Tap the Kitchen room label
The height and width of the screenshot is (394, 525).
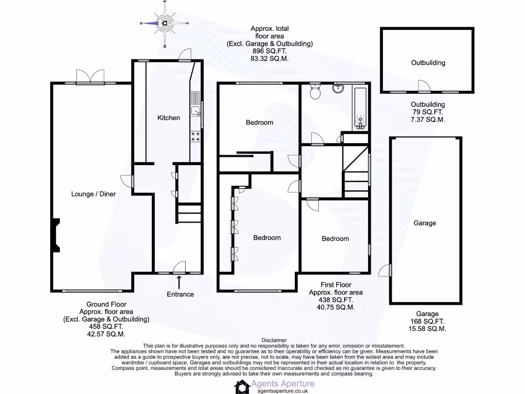coord(169,118)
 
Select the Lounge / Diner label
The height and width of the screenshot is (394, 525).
coord(93,194)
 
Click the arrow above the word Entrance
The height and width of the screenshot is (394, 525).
coord(179,282)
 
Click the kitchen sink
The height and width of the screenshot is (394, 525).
coord(195,111)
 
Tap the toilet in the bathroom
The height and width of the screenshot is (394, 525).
coord(315,92)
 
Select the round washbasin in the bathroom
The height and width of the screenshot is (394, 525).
coord(338,89)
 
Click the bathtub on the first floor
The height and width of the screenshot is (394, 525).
coord(360,109)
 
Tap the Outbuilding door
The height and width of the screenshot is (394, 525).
coord(423,87)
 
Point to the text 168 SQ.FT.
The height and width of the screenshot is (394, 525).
coord(425,322)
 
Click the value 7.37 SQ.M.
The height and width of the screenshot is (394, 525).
coord(425,119)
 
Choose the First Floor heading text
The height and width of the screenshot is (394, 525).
coord(336,285)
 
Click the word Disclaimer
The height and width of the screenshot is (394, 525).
coord(276,340)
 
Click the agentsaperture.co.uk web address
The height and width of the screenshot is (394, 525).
coord(282,391)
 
